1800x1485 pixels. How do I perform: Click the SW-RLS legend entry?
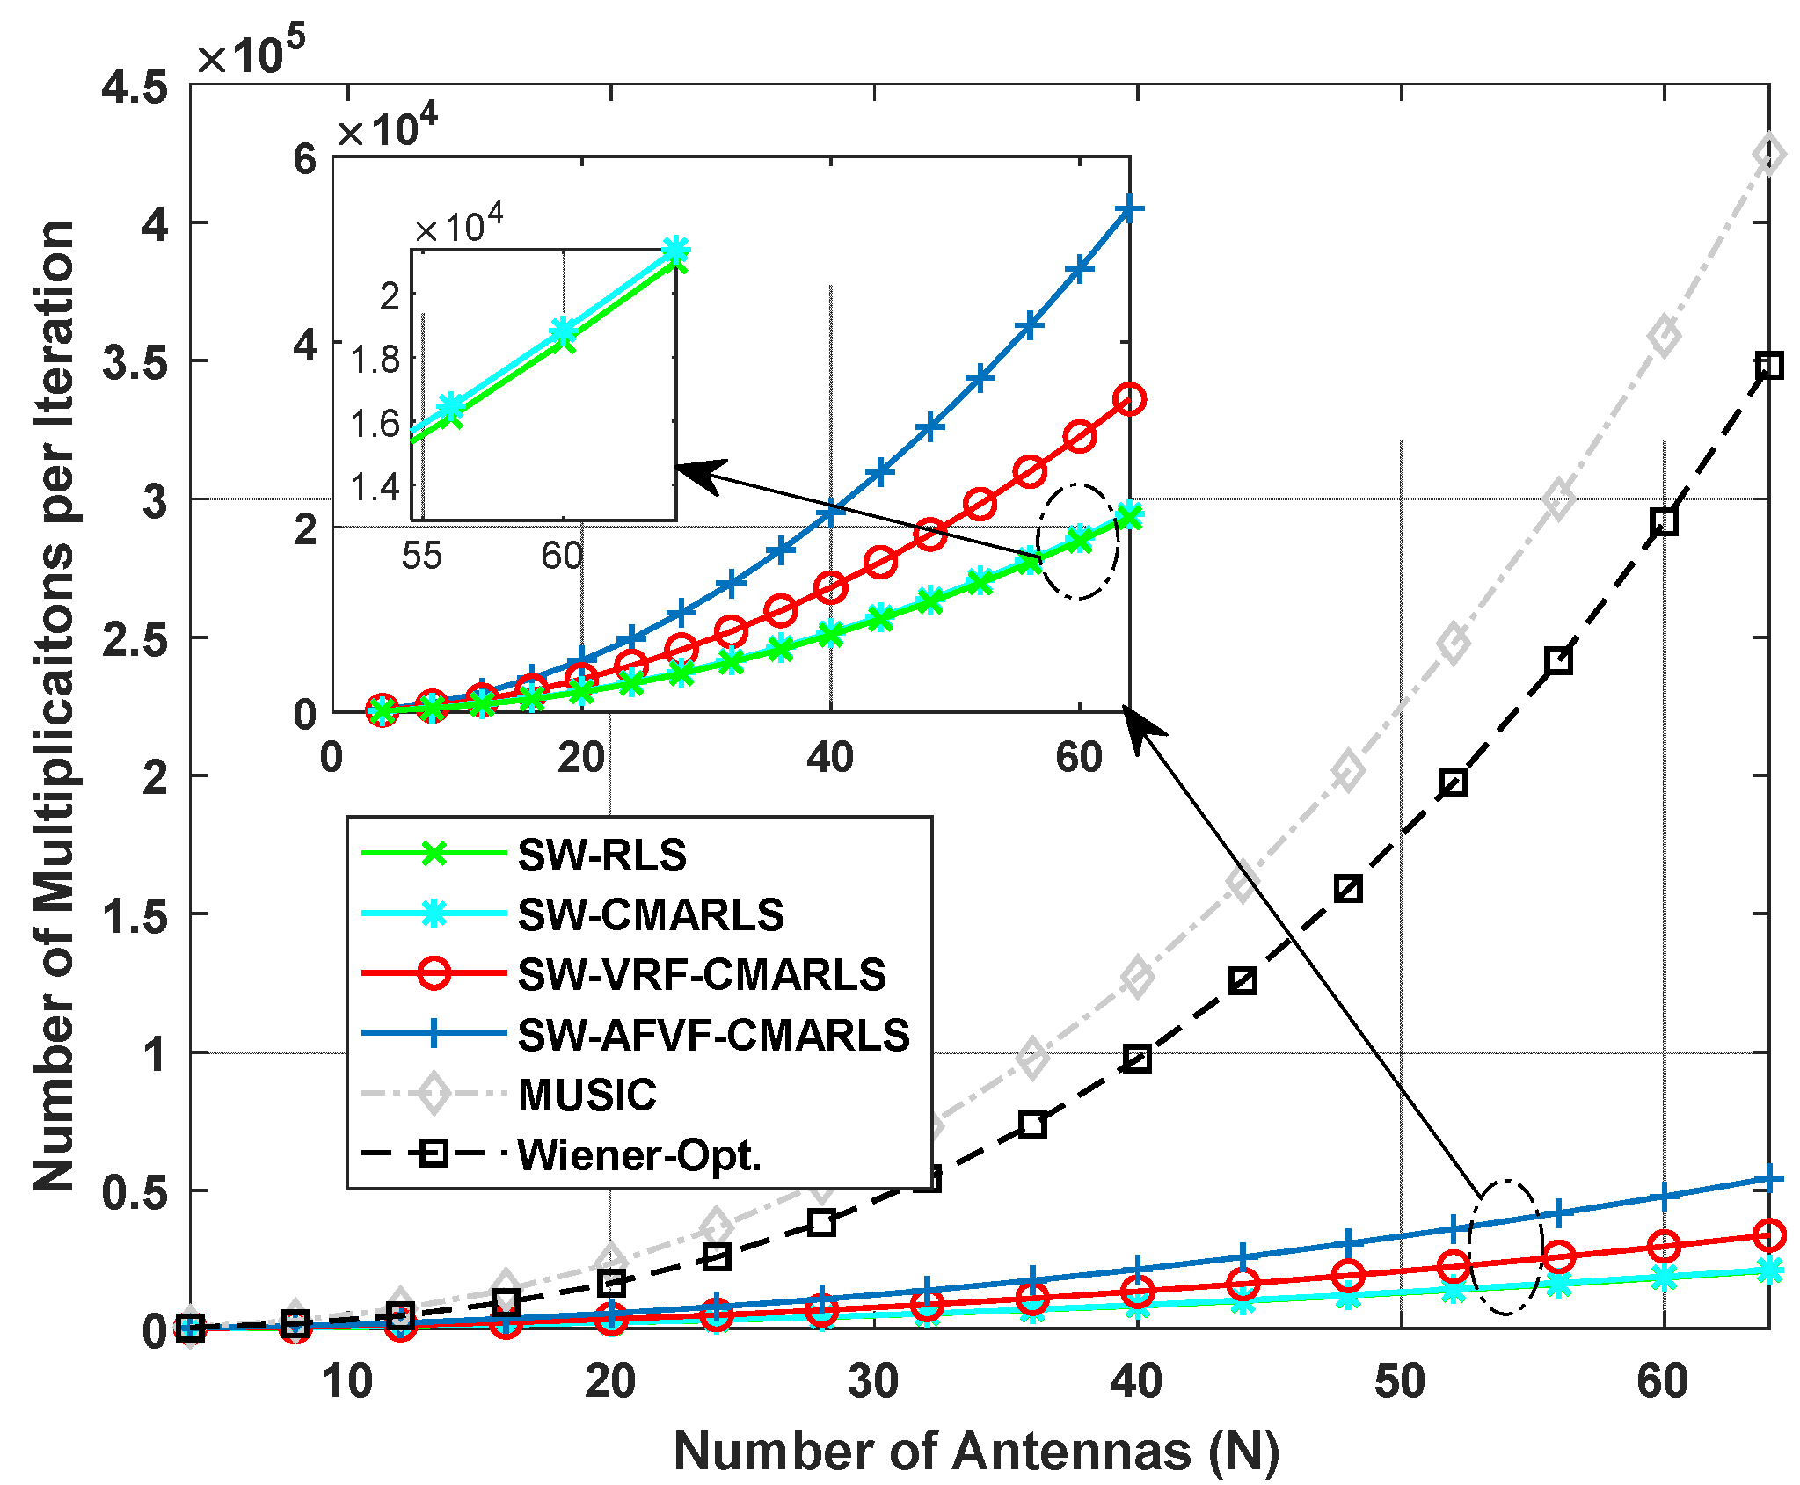[x=601, y=855]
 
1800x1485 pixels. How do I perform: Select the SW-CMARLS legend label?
[x=651, y=915]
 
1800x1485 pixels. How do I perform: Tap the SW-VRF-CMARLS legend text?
[x=702, y=975]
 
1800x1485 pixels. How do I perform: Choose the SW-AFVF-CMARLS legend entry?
[x=713, y=1035]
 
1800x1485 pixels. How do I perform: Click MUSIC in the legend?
[x=587, y=1095]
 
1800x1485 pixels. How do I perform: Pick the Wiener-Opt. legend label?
[x=639, y=1154]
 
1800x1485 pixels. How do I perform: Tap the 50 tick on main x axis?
[x=1400, y=1381]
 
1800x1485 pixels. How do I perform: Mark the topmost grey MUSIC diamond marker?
[x=1768, y=155]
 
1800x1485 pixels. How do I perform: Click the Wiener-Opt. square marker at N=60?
[x=1664, y=522]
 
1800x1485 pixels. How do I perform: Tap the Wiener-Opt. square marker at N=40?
[x=1138, y=1059]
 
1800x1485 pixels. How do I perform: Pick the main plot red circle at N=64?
[x=1768, y=1235]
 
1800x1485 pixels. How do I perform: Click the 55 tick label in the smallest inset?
[x=421, y=556]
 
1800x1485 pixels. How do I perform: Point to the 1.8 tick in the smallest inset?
[x=375, y=360]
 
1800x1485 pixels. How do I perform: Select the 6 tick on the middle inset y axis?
[x=304, y=159]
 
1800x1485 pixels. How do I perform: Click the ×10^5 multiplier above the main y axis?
[x=251, y=55]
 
